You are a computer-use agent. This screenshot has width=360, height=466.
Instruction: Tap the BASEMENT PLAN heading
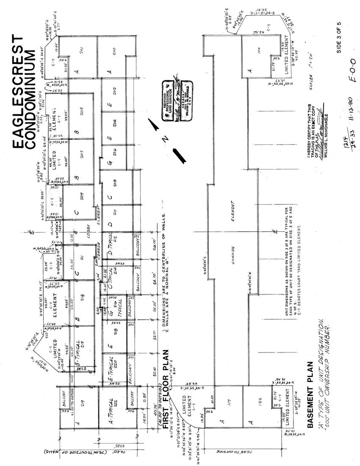tap(309, 394)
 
